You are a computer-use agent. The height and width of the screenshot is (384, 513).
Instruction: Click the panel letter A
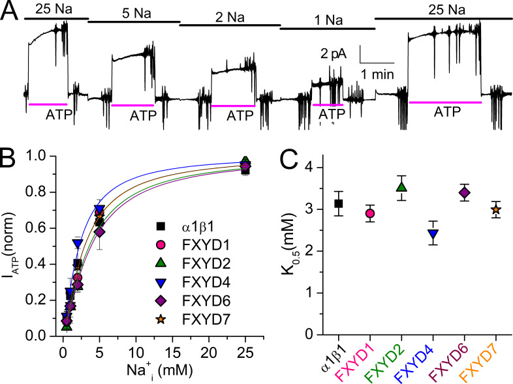pyautogui.click(x=12, y=11)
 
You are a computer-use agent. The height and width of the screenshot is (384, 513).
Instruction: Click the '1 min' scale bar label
pyautogui.click(x=378, y=74)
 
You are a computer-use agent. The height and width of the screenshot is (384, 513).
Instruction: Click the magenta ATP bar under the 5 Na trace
pyautogui.click(x=133, y=104)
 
